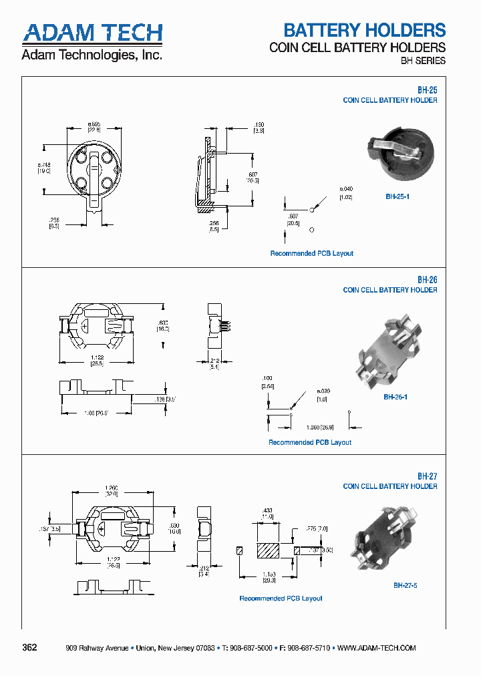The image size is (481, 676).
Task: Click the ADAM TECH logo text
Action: click(x=92, y=33)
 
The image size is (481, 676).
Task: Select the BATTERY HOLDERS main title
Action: click(x=364, y=30)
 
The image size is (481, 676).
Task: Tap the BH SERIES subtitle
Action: click(x=422, y=61)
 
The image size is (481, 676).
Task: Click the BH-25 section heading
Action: click(x=427, y=88)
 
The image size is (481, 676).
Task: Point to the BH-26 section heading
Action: click(x=427, y=280)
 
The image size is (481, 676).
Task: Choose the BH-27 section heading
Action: click(x=427, y=476)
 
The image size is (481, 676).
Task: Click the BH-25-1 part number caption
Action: click(x=397, y=196)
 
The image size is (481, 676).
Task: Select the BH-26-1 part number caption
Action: click(x=395, y=397)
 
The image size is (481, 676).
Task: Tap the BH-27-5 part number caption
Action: click(x=406, y=585)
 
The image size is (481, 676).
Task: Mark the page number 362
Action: click(x=30, y=648)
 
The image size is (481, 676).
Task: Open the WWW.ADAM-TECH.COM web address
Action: click(x=377, y=649)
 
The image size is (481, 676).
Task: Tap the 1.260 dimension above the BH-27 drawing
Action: click(x=111, y=488)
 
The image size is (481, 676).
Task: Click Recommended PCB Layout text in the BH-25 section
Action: click(x=311, y=253)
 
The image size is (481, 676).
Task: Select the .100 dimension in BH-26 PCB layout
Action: click(x=267, y=378)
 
